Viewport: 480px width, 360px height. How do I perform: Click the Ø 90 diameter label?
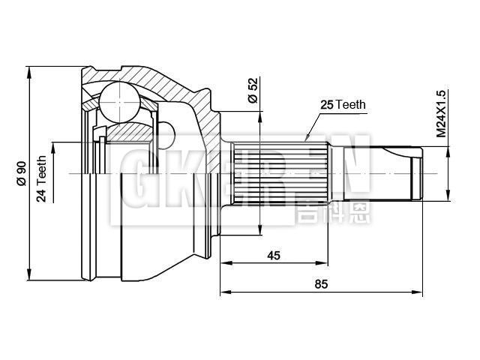tap(22, 172)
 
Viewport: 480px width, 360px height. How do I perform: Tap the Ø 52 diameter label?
tap(252, 90)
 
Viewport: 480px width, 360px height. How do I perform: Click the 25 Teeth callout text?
tap(343, 105)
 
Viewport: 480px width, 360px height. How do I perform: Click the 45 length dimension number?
tap(273, 255)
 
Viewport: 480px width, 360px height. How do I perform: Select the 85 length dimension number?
tap(322, 283)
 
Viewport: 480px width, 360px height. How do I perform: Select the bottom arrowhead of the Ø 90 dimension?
tap(31, 274)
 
